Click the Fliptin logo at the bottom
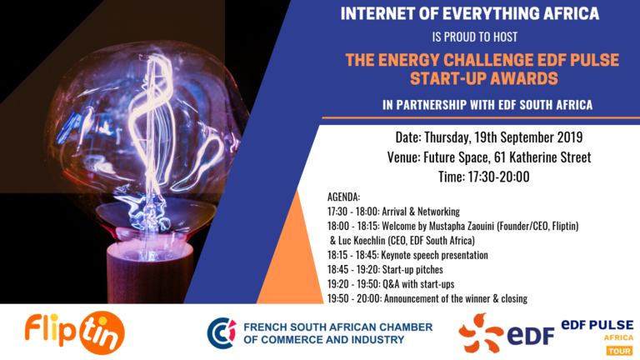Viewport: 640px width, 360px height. click(x=75, y=332)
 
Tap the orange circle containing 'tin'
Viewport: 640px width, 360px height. click(x=102, y=333)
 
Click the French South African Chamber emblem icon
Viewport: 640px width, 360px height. click(x=222, y=333)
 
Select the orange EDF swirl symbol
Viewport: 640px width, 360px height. click(x=481, y=332)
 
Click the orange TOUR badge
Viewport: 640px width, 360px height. click(x=619, y=351)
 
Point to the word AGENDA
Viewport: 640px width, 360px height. click(x=343, y=197)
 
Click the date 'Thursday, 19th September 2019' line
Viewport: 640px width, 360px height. click(x=489, y=137)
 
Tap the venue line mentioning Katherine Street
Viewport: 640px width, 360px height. click(x=489, y=157)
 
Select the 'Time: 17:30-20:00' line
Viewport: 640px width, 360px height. click(x=483, y=177)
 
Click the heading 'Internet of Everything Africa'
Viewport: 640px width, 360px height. click(x=470, y=13)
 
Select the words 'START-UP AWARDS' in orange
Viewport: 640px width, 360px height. click(x=483, y=78)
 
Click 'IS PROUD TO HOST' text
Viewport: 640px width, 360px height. click(x=475, y=37)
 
